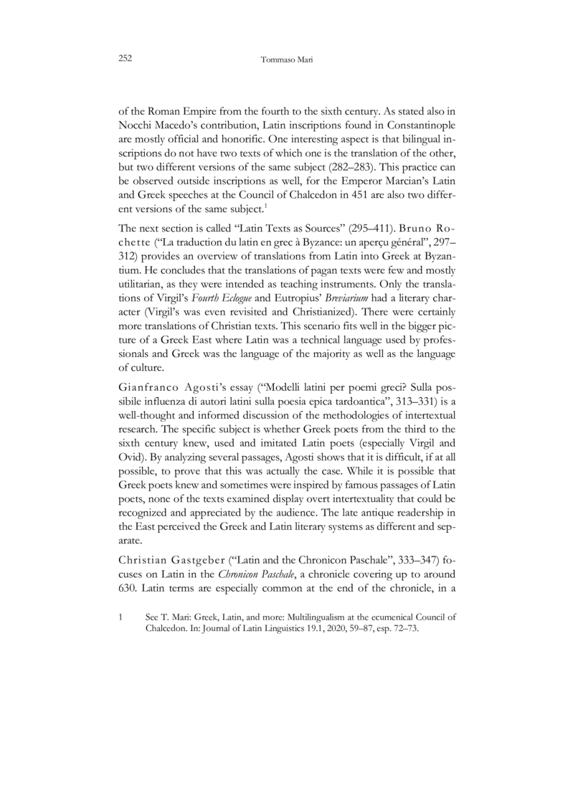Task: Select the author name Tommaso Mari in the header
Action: pos(287,62)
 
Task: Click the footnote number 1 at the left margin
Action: pos(121,616)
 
